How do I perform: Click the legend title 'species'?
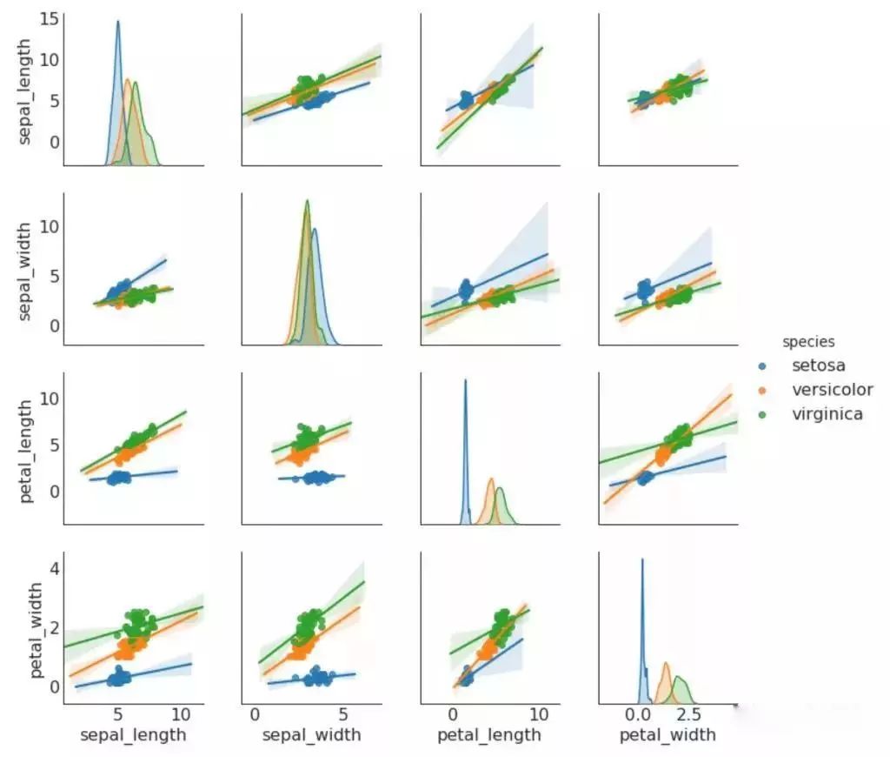[808, 342]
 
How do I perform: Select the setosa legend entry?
[818, 365]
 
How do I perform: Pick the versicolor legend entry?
[832, 390]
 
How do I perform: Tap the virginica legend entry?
[827, 414]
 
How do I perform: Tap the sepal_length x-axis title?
[133, 735]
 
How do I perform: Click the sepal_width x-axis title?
[311, 735]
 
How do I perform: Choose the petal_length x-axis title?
[489, 735]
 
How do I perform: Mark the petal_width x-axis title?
[667, 735]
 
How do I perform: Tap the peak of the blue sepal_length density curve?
[118, 22]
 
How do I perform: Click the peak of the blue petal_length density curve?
[465, 380]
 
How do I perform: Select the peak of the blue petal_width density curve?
[642, 559]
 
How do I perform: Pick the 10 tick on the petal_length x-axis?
[539, 715]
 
